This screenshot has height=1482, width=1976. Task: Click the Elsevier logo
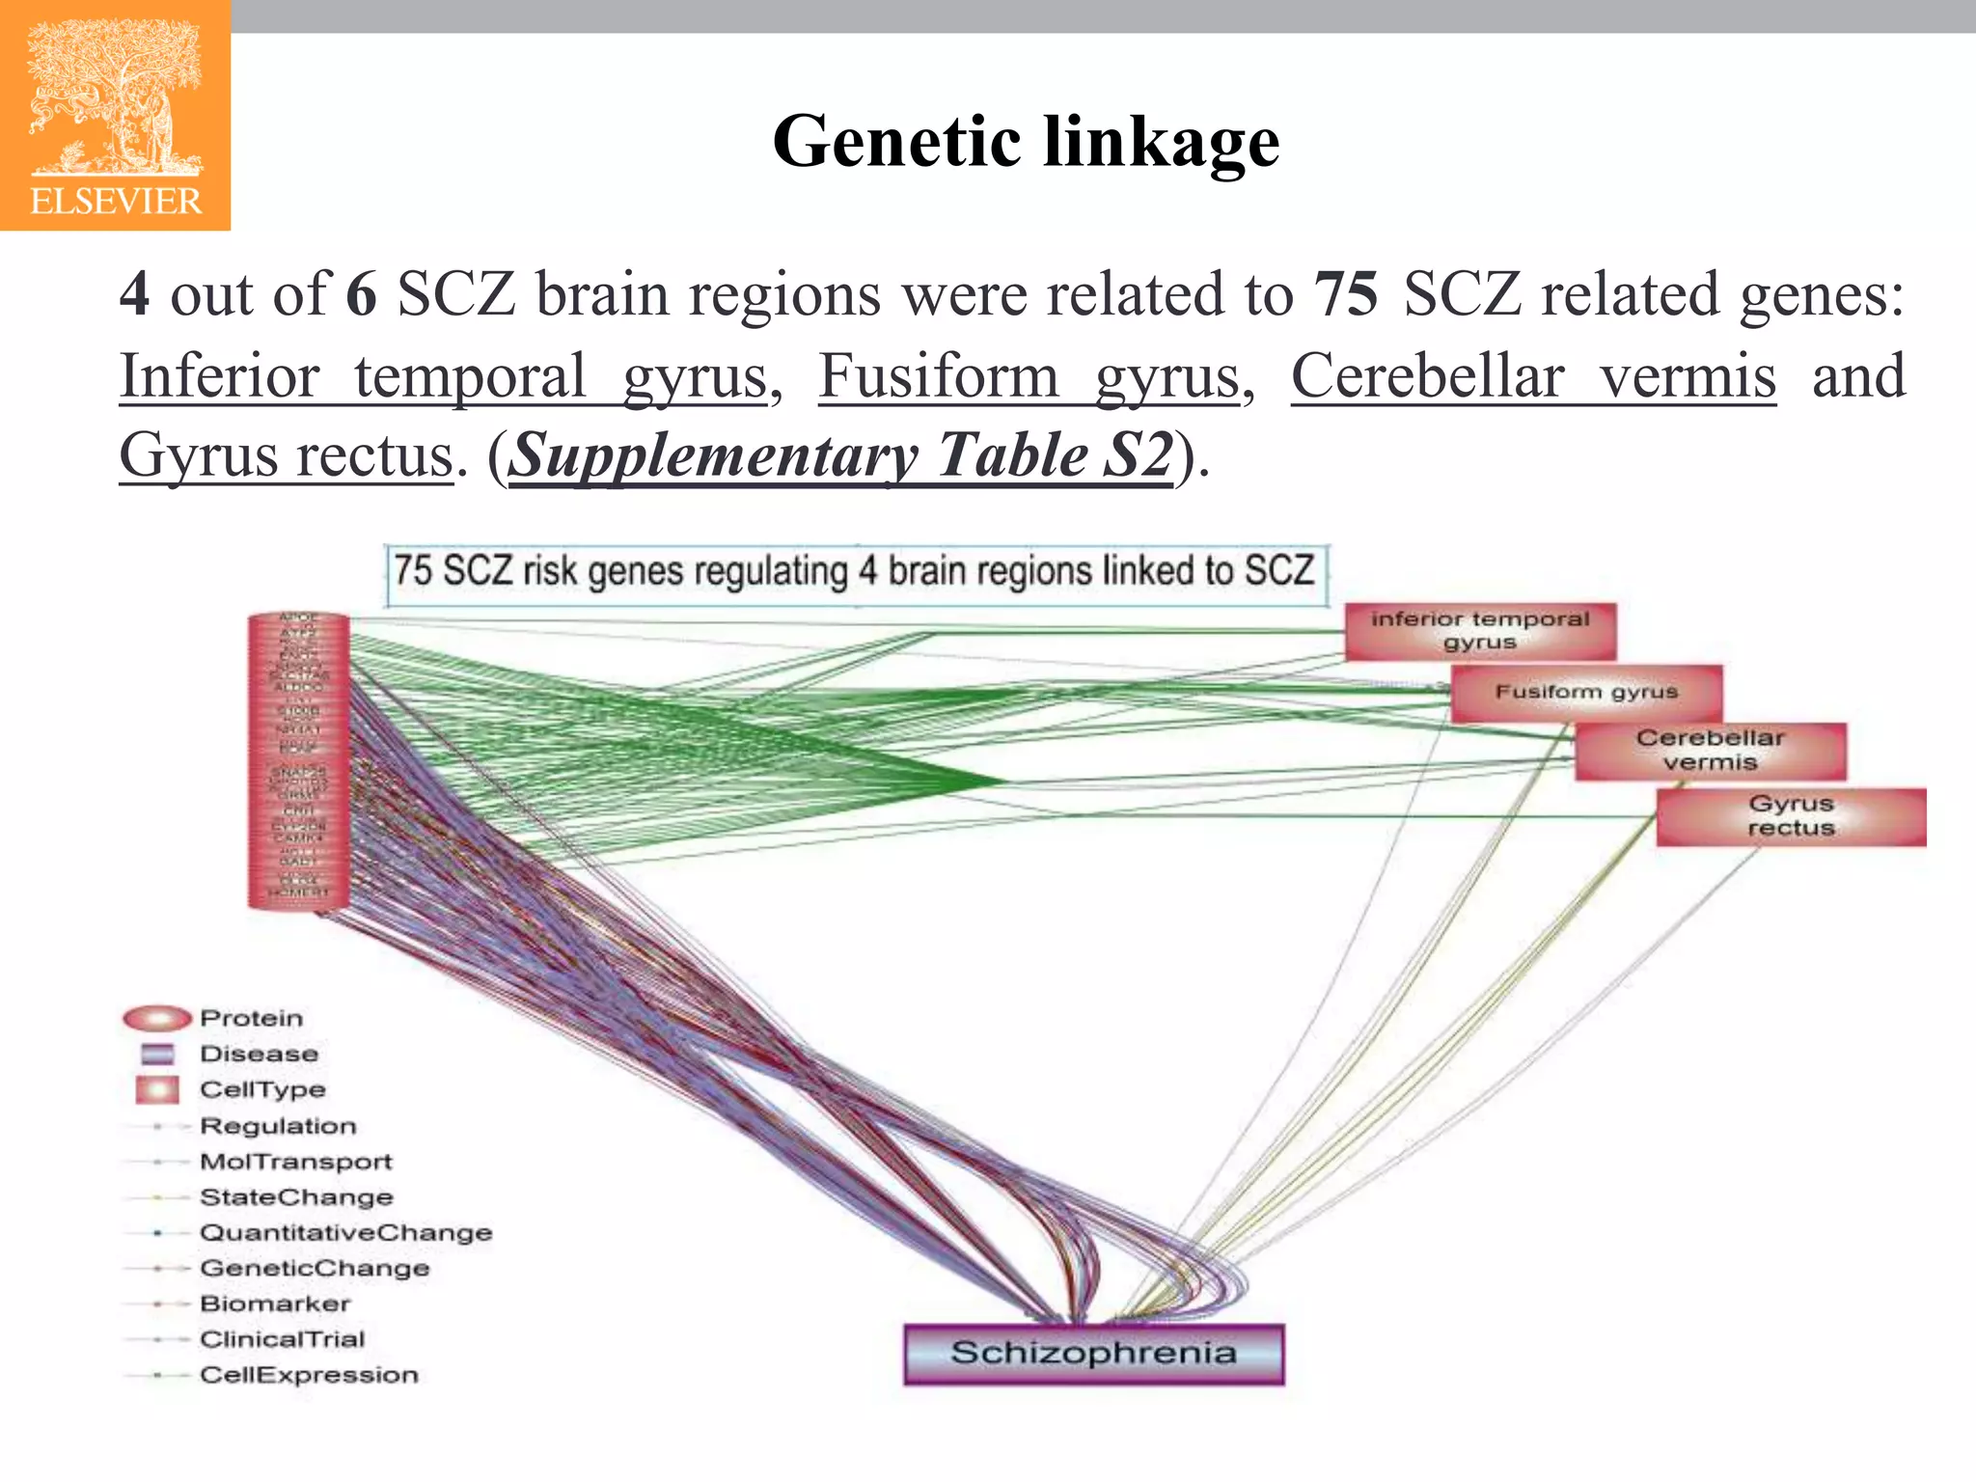115,116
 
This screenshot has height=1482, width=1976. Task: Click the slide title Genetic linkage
1026,141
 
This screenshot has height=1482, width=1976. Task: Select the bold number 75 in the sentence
1346,294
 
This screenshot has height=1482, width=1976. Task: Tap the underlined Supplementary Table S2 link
841,454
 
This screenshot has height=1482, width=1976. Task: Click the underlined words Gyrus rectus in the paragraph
286,454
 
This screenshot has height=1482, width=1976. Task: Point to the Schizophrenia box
1093,1353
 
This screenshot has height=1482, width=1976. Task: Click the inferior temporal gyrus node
1479,631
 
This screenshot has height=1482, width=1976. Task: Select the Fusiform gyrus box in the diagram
1586,692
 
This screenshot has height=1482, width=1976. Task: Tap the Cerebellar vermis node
1710,751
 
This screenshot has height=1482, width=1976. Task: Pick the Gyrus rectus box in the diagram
1791,816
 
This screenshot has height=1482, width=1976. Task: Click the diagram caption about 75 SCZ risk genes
855,572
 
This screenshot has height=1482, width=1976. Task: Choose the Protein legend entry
251,1018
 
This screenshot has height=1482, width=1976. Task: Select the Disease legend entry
258,1054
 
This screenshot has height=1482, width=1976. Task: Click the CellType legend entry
261,1089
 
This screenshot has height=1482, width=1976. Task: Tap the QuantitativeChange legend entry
345,1232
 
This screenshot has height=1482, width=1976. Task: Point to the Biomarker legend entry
274,1304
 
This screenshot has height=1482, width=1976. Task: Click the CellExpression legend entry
309,1375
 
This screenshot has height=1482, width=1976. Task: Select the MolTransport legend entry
295,1162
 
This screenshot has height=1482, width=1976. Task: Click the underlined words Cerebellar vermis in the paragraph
1533,376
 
